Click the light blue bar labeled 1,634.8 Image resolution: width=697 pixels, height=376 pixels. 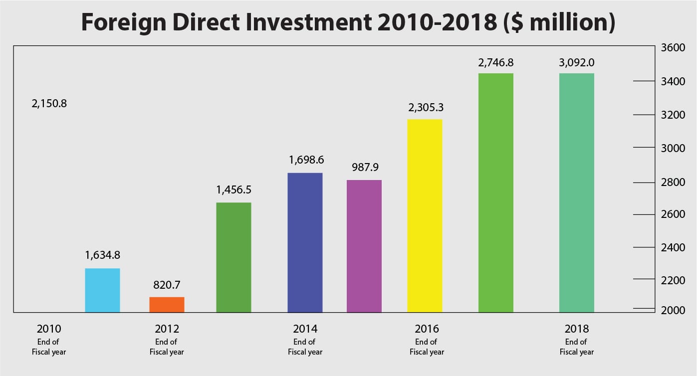102,290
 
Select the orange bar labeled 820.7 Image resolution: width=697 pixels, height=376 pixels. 167,305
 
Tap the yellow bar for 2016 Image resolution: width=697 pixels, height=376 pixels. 425,215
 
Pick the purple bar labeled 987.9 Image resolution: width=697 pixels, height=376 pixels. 364,246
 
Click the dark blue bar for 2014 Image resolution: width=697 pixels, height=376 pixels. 305,242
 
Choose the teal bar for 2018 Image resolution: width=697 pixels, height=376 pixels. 576,192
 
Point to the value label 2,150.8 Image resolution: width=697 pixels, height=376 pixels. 49,104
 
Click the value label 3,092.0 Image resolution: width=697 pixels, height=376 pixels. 577,63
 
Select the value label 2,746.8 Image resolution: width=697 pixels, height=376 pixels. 495,63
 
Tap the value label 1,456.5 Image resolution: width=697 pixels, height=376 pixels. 233,190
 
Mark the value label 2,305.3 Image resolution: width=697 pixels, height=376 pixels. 425,107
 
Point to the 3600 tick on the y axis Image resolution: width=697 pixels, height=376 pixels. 673,48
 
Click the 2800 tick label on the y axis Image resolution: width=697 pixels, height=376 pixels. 673,182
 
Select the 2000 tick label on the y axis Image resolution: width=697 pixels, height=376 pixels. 673,310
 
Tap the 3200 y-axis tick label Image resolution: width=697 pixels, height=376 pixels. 673,115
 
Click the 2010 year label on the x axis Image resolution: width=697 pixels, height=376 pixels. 49,329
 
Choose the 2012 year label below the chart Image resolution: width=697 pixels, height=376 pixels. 167,329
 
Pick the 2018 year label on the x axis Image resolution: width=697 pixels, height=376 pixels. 577,329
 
